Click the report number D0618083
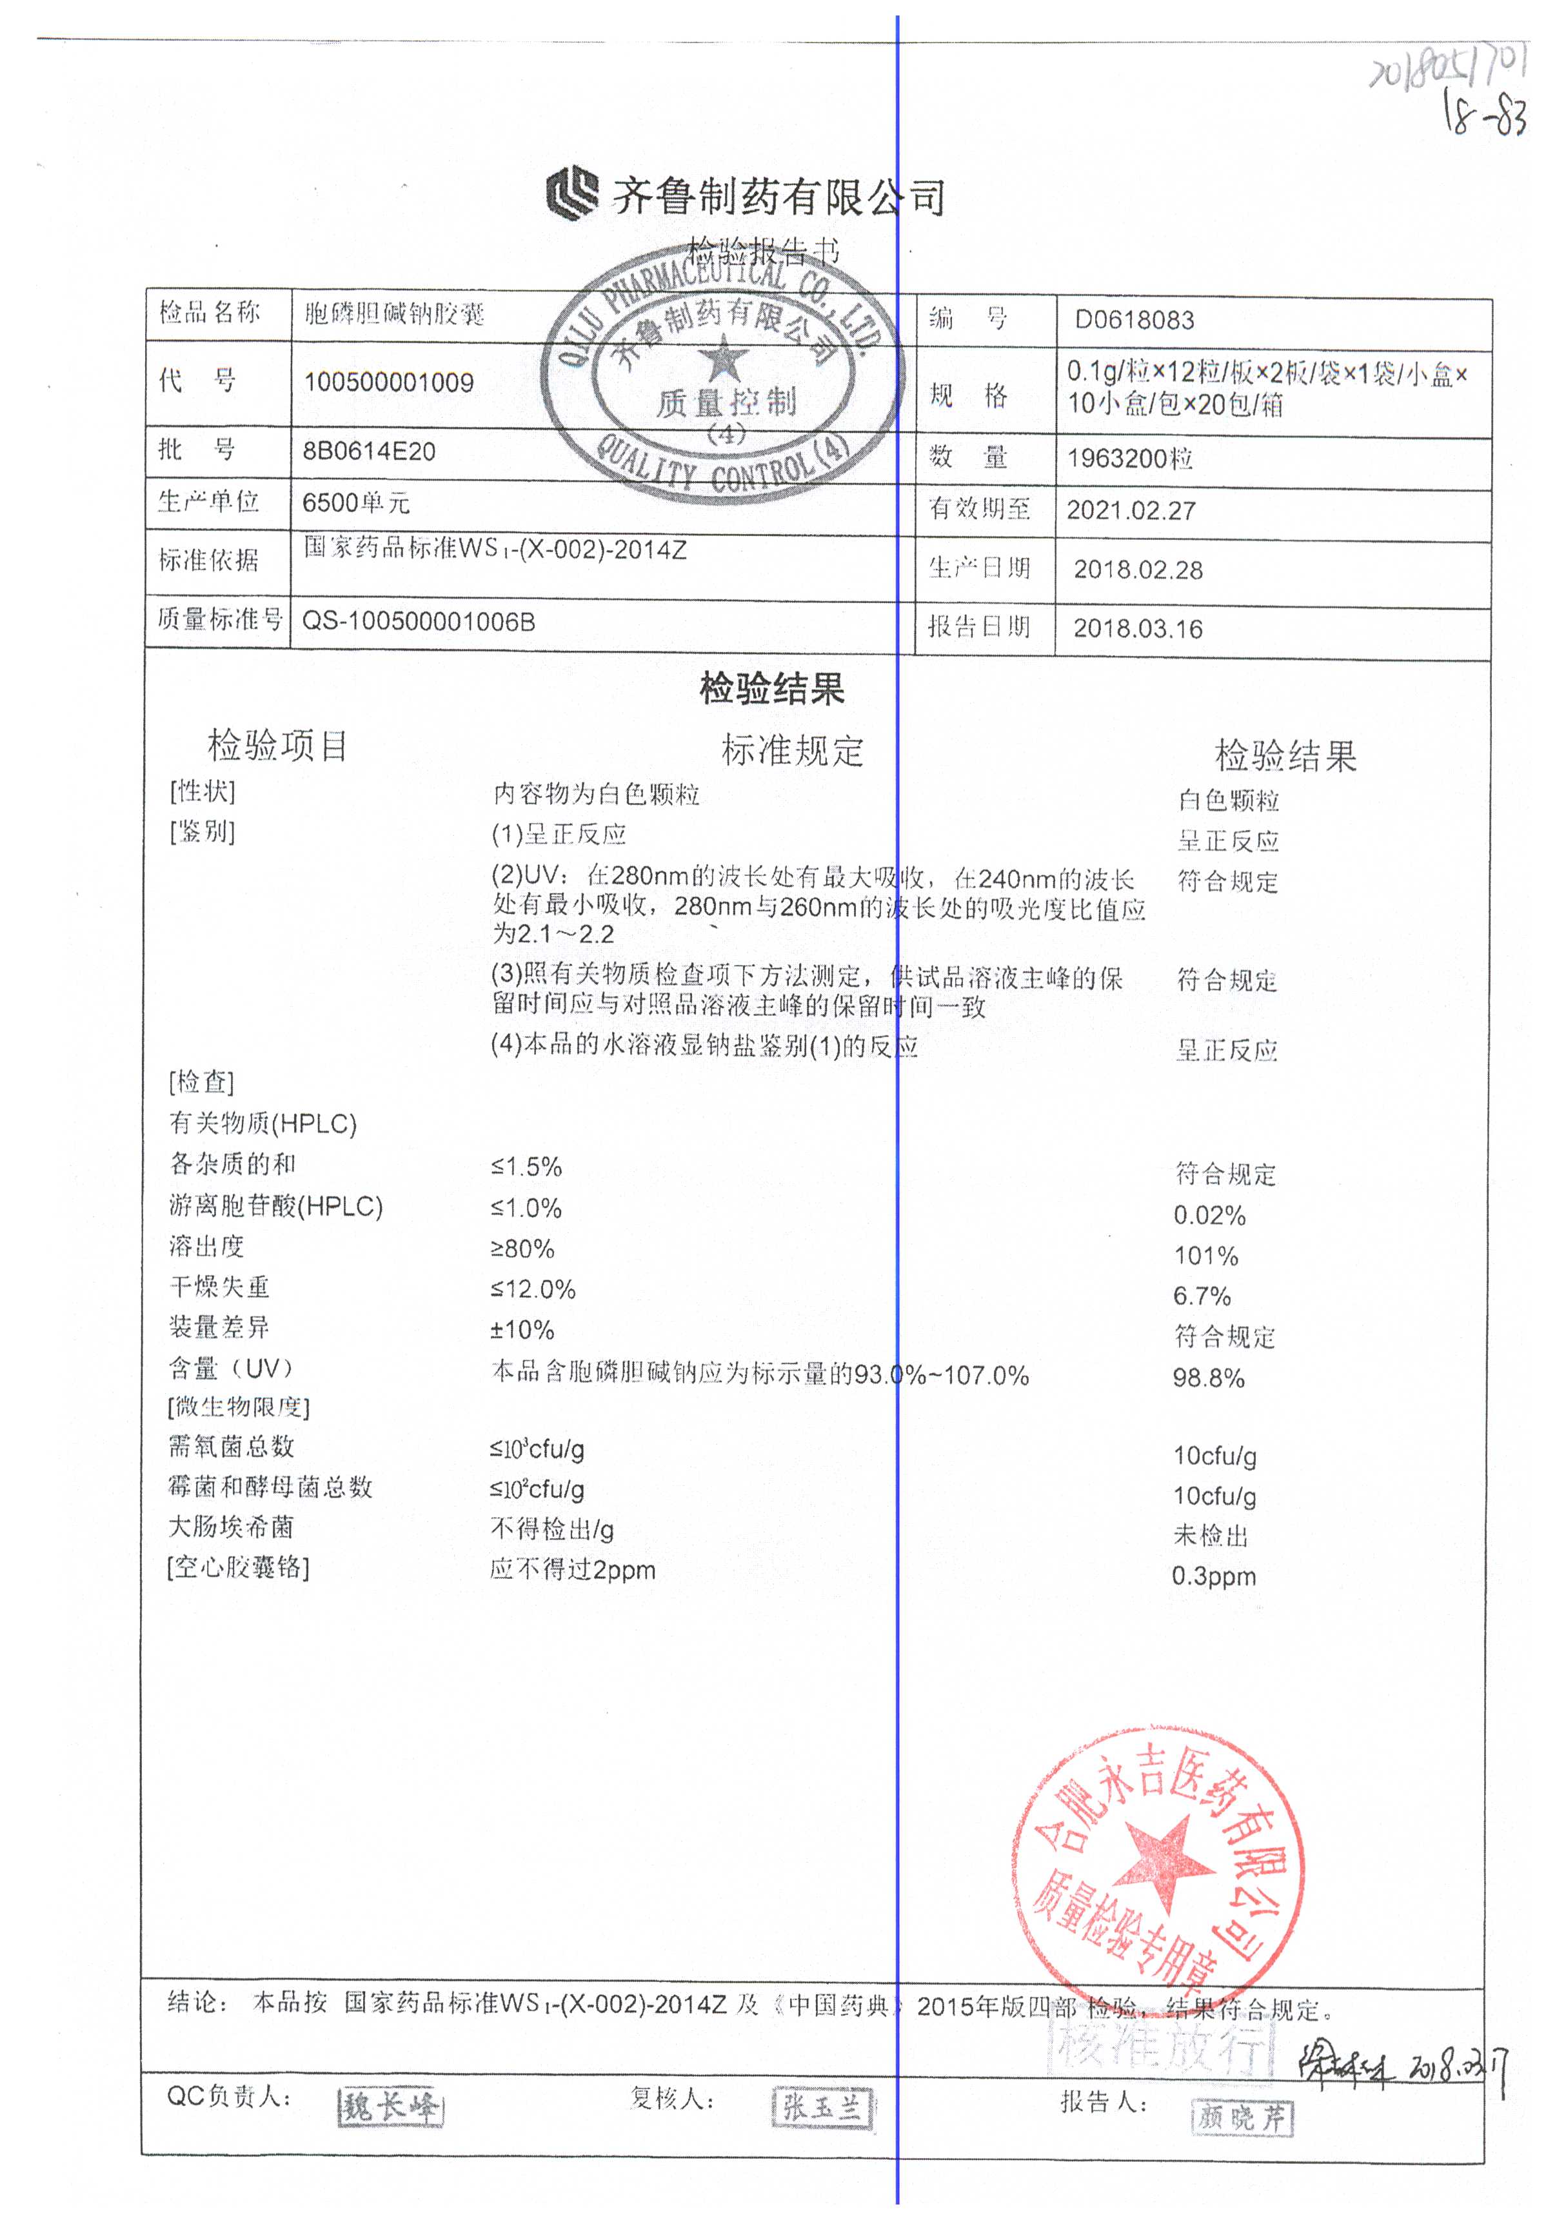1134,320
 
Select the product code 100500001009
389,382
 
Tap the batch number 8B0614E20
370,451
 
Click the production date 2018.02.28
1138,570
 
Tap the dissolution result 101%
1205,1256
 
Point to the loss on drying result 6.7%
1202,1296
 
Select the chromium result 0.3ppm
1213,1576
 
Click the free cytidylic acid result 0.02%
1209,1215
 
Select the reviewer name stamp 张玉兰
822,2108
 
